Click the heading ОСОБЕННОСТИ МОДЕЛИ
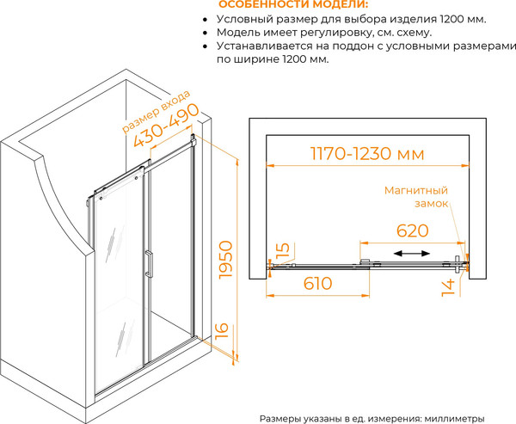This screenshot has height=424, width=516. tap(293, 4)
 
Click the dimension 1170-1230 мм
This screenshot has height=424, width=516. tap(367, 154)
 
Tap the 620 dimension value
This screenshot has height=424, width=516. tap(412, 230)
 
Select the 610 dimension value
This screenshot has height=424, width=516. tap(318, 283)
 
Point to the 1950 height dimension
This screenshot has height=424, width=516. tap(226, 260)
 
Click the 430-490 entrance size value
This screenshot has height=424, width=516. tap(166, 126)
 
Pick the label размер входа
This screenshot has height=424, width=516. tap(156, 112)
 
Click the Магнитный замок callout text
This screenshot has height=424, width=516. tap(416, 197)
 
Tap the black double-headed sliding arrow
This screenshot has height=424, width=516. tap(412, 253)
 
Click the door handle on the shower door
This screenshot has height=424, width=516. tap(149, 264)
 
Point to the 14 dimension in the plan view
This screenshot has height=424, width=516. tap(448, 288)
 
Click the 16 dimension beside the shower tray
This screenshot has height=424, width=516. tap(222, 330)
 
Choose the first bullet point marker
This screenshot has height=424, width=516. tap(206, 20)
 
